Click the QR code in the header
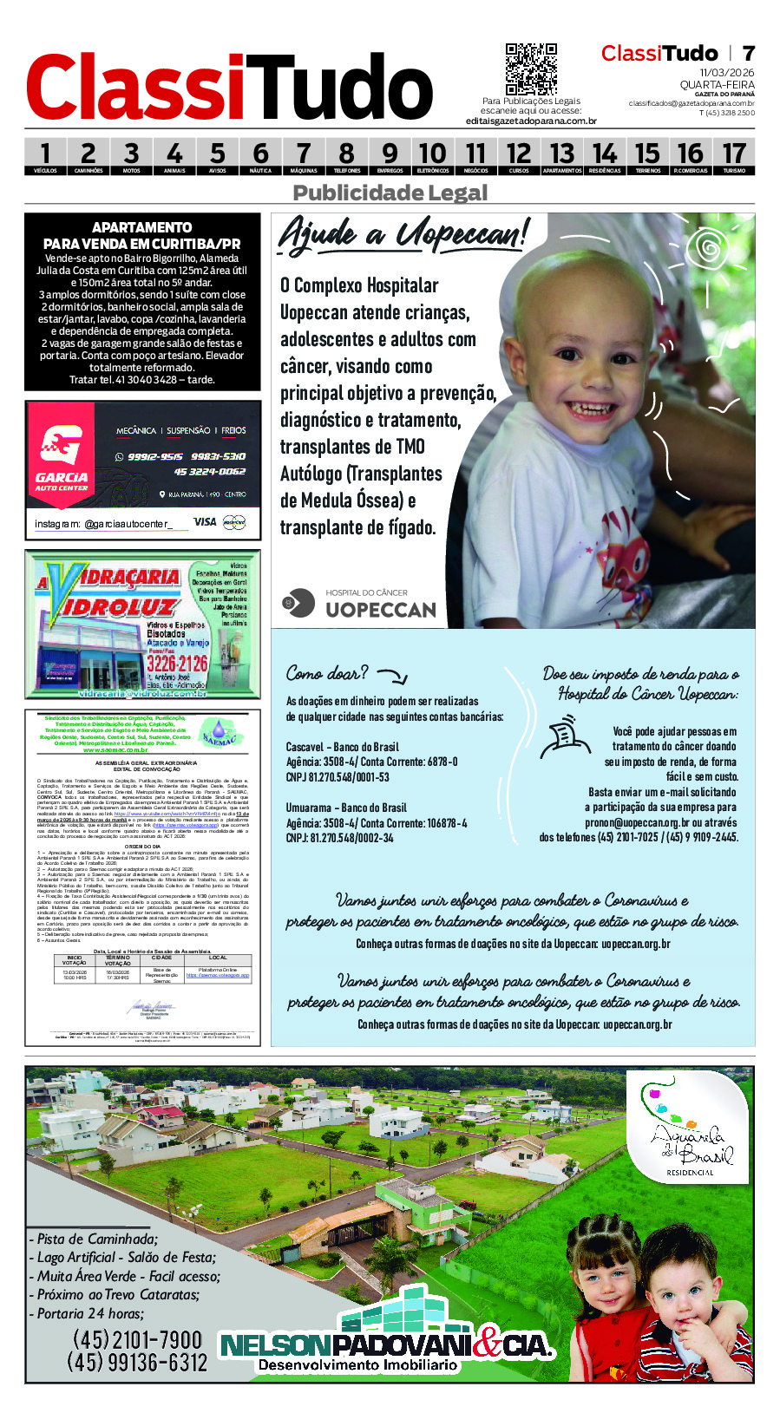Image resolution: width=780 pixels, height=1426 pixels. coord(531,69)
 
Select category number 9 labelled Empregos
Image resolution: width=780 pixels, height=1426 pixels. coord(390,157)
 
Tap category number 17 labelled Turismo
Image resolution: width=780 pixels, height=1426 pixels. coord(734,157)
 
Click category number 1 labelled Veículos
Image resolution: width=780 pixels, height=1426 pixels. coord(45,157)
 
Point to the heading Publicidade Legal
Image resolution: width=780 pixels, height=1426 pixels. coord(390,193)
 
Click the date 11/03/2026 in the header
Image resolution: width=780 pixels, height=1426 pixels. coord(727,73)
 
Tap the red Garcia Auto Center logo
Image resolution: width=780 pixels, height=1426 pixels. coord(62,454)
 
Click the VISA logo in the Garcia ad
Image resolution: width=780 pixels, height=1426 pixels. coord(205,521)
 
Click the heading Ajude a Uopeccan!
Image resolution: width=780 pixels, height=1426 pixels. coord(403,233)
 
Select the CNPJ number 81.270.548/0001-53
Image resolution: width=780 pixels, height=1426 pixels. coord(338,777)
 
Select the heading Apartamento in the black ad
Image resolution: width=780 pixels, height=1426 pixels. coord(142,227)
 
